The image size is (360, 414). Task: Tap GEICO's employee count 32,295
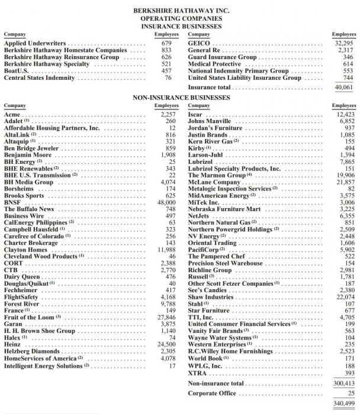344,44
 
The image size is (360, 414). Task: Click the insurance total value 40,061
344,88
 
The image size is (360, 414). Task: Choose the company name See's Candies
209,290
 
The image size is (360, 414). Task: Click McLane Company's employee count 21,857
344,182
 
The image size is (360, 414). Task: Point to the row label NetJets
200,216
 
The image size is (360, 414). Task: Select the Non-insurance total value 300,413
343,384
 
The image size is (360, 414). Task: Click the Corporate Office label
214,393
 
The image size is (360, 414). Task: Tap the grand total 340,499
343,404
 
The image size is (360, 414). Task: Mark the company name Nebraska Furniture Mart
224,209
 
